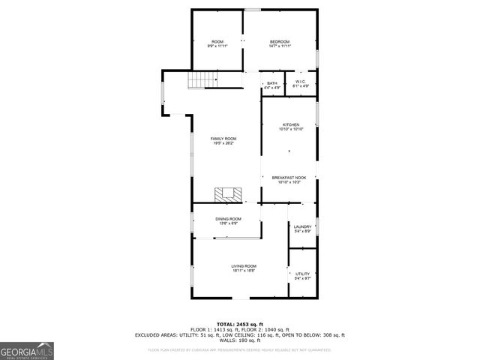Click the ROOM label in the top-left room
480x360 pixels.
217,41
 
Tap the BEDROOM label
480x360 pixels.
280,41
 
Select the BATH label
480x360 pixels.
271,83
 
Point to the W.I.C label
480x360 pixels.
300,82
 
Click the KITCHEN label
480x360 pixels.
290,124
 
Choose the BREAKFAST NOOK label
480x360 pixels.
289,177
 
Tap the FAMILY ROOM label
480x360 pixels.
223,139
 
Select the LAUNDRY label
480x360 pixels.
302,226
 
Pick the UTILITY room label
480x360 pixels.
302,274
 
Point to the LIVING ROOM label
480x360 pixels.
244,266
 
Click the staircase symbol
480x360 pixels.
197,79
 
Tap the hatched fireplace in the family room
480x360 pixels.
229,194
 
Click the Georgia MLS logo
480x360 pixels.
27,351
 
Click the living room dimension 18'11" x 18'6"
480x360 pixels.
244,271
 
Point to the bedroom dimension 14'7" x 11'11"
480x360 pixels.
280,46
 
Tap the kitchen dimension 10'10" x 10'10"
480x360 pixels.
290,130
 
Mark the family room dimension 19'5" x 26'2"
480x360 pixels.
223,143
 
